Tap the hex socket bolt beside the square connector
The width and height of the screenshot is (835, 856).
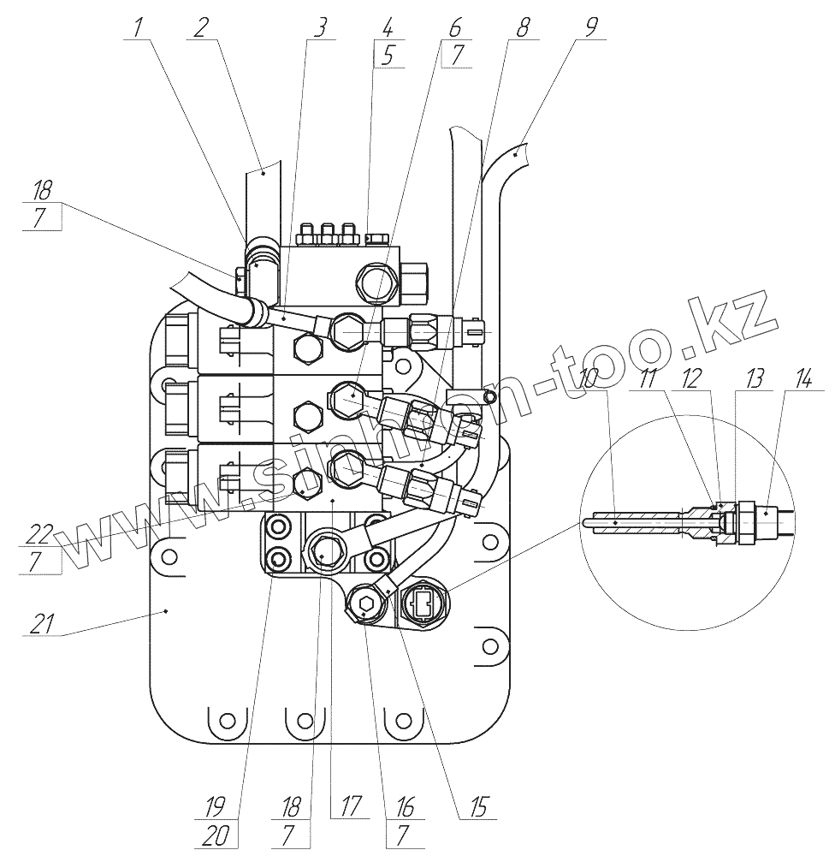(x=365, y=605)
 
